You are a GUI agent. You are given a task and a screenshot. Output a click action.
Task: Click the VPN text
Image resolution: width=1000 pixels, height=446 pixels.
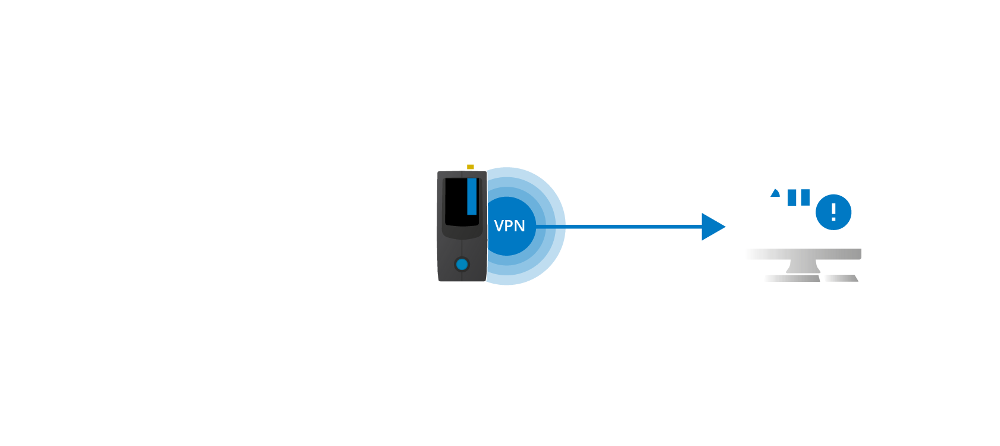point(510,226)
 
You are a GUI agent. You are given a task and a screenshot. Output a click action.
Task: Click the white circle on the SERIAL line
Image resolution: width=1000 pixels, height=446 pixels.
point(242,134)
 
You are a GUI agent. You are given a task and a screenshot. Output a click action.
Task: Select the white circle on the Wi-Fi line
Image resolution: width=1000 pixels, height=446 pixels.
point(170,199)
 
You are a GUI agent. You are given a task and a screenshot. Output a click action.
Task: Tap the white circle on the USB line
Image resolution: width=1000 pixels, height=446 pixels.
point(237,246)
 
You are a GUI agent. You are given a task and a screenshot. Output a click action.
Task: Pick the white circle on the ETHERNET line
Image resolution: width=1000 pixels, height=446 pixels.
point(170,311)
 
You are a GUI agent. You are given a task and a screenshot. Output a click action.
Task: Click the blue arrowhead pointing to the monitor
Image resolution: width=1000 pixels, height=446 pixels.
point(712,227)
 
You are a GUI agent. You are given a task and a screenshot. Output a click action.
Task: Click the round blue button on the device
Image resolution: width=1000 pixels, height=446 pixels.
point(462,264)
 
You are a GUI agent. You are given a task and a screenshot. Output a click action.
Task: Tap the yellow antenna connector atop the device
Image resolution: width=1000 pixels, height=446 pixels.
point(471,167)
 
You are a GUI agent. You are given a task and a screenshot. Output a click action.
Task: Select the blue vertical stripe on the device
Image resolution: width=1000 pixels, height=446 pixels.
point(472,196)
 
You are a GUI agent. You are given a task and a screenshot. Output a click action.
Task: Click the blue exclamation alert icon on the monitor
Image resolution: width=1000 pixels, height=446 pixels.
point(833,212)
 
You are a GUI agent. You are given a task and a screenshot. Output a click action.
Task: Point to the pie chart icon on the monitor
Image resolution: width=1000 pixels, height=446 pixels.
point(769,197)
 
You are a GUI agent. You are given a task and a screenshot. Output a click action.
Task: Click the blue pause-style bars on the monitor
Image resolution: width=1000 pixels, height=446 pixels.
point(798,197)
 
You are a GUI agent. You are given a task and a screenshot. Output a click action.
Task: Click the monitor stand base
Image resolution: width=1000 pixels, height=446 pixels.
point(810,278)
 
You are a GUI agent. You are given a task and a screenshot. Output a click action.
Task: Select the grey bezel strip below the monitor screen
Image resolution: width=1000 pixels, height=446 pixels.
point(803,254)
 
